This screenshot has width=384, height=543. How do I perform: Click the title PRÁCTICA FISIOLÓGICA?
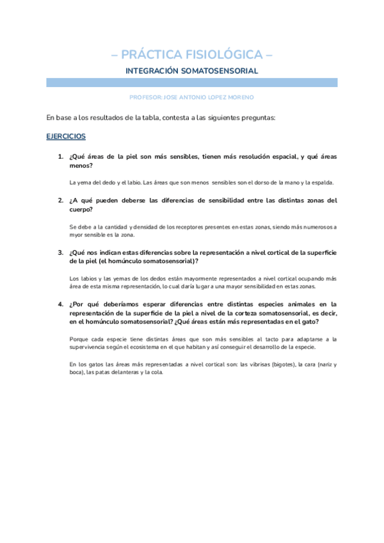point(192,54)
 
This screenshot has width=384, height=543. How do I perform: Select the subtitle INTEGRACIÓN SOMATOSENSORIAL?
point(192,70)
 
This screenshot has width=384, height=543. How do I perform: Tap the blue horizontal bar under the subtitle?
point(192,83)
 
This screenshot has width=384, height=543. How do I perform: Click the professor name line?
point(192,97)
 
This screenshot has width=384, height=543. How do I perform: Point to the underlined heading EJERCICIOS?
point(66,136)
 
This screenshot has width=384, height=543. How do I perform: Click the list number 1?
point(60,156)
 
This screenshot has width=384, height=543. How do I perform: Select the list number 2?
point(60,200)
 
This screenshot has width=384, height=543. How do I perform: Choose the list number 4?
point(60,304)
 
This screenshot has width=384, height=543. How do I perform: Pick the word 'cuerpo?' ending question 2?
point(81,209)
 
